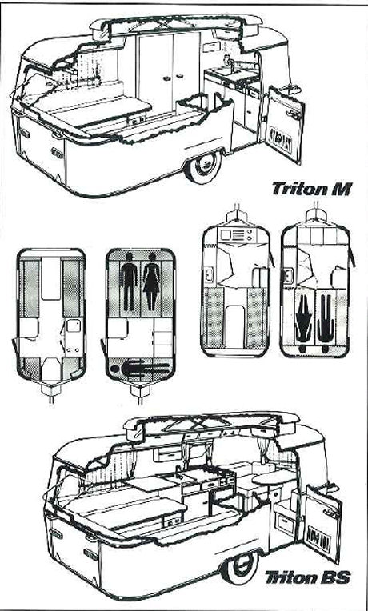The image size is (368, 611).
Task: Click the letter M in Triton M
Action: coord(342,189)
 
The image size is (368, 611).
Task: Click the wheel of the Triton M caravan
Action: coord(203,166)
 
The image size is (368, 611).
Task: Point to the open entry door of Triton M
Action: coord(284,125)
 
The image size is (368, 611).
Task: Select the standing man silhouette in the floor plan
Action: coord(128,281)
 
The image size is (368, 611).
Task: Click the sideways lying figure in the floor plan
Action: coord(140,368)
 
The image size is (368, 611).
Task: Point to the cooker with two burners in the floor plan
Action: coord(236,234)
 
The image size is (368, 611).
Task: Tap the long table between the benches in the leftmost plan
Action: coord(51,278)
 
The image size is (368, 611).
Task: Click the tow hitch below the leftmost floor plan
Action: coord(51,392)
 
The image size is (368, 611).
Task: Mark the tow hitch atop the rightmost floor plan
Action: coord(316,214)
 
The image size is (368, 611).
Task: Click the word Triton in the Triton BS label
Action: coord(292,577)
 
